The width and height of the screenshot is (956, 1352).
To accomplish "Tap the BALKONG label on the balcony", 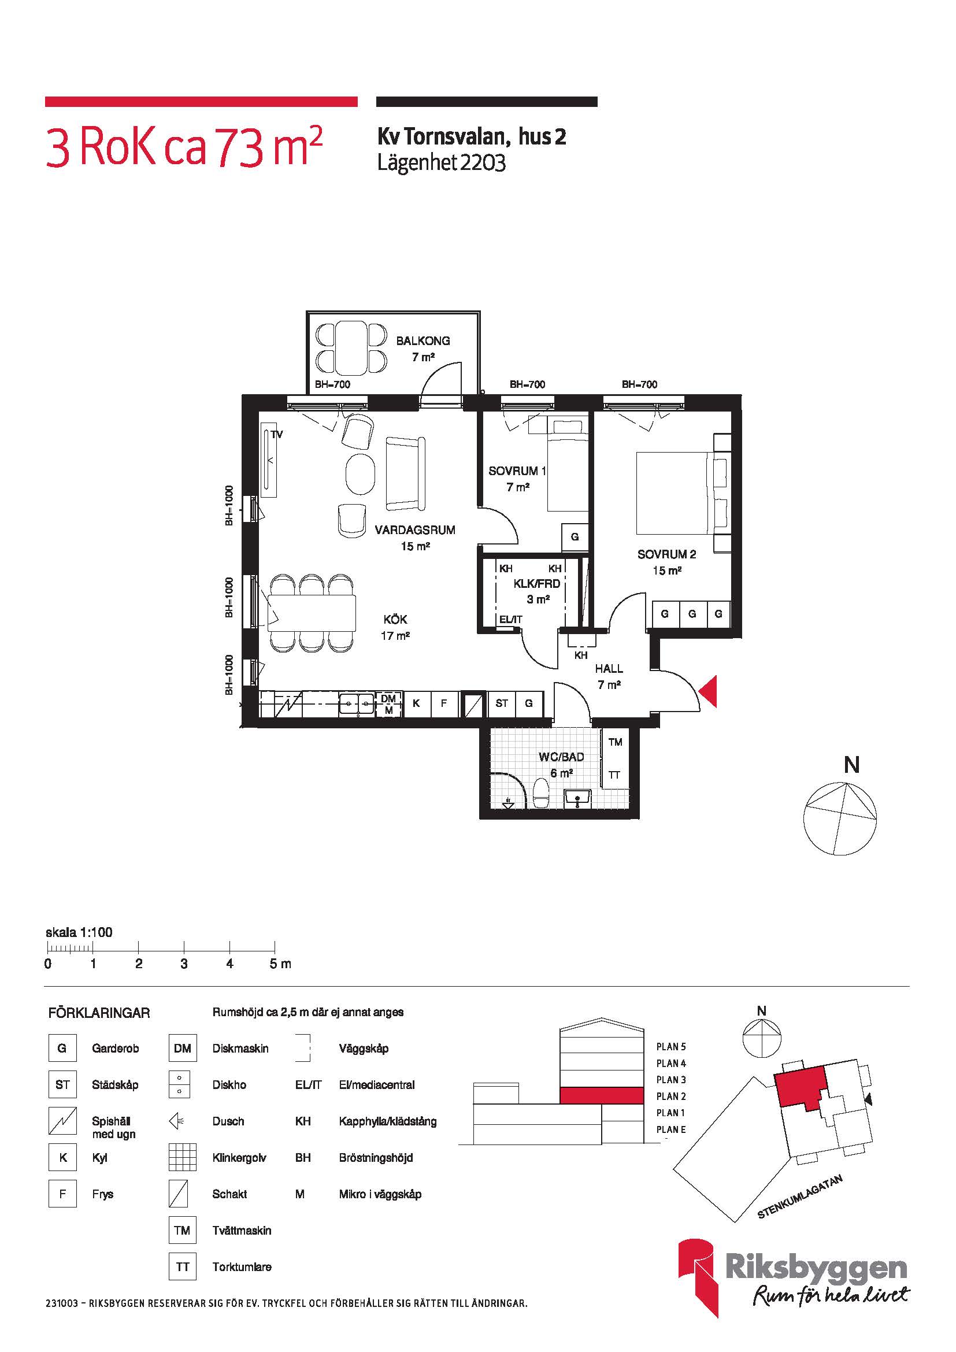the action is click(423, 340).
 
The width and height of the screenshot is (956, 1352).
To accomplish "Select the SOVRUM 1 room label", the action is click(517, 471).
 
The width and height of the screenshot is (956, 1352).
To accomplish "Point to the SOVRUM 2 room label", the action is click(667, 554).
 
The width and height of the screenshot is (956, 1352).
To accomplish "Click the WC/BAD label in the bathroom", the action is click(562, 757).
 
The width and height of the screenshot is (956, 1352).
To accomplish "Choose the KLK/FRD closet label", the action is click(537, 584).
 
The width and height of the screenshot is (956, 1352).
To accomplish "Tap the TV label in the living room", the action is click(277, 435).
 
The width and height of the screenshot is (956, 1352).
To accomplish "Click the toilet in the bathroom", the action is click(541, 793).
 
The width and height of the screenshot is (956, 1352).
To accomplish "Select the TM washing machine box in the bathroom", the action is click(615, 742).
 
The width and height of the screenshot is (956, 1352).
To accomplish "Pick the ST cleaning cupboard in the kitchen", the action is click(502, 703).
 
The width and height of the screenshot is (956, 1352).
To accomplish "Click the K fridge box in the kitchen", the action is click(416, 703).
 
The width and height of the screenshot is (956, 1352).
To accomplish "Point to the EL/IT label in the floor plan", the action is click(510, 620).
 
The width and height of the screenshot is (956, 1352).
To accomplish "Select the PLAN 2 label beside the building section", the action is click(671, 1097).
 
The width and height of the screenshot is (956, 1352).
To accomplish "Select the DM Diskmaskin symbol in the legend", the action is click(182, 1048).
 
